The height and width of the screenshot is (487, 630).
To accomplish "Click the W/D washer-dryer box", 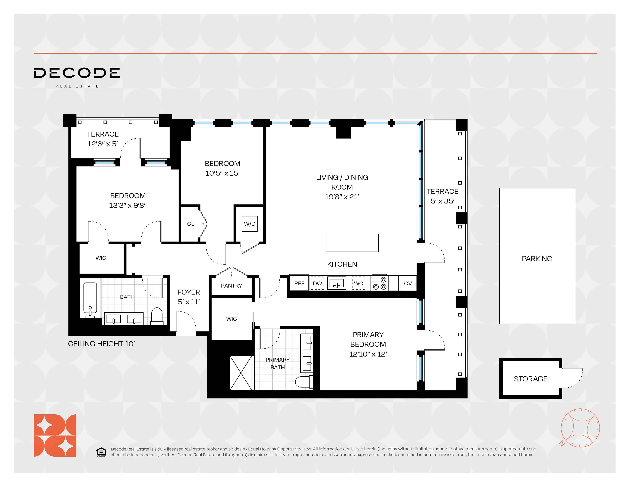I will [250, 224].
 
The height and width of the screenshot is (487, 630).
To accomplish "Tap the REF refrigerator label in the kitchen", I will [299, 284].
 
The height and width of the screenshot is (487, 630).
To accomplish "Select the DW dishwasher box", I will [317, 284].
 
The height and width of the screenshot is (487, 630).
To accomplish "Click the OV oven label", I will [408, 284].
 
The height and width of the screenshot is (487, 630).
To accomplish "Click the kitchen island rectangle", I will [352, 243].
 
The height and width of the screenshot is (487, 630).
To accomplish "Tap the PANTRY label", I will [231, 286].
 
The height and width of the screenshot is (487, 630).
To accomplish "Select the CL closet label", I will [190, 224].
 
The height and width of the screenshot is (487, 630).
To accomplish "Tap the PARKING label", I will [537, 259].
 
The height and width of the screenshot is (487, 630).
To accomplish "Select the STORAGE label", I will [530, 379].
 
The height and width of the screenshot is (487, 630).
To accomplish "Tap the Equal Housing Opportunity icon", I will [101, 452].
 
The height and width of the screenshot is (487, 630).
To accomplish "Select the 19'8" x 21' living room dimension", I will [342, 197].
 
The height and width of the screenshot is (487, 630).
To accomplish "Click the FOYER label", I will [189, 292].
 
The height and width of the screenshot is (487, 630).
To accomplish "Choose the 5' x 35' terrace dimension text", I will [442, 201].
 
